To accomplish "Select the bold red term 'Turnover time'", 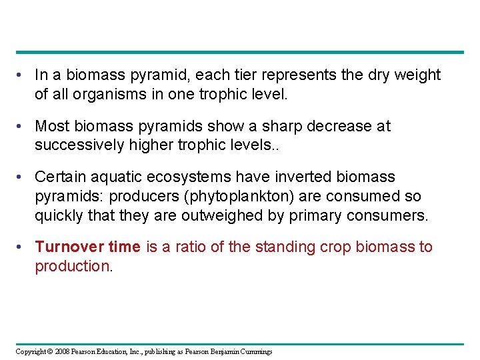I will (x=87, y=247).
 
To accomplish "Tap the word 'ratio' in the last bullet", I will (x=190, y=247).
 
